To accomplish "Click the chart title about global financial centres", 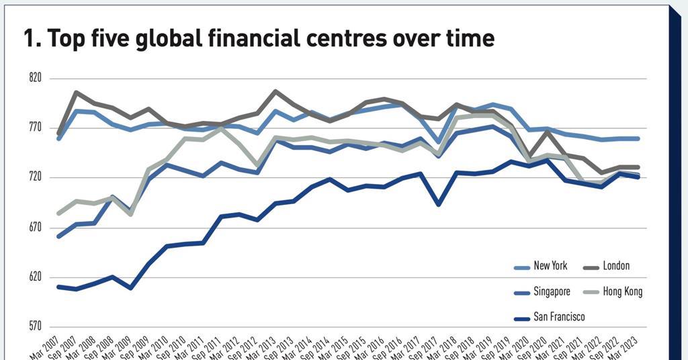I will click(x=259, y=38).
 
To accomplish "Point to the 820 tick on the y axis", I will click(x=35, y=78).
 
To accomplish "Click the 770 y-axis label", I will click(x=35, y=128).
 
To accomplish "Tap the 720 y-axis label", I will click(x=35, y=177).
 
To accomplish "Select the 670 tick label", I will click(x=35, y=228).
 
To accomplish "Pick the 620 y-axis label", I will click(x=35, y=277).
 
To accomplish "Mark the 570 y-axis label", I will click(x=35, y=327).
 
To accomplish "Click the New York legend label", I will click(x=550, y=266).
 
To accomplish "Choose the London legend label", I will click(x=616, y=266).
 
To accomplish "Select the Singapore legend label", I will click(x=552, y=291).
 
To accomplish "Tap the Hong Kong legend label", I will click(x=623, y=291).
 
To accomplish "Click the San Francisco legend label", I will click(x=559, y=317).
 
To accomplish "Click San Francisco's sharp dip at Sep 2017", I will click(x=438, y=204).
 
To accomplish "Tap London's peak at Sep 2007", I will click(x=76, y=92).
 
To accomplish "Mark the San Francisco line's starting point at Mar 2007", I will click(x=58, y=287).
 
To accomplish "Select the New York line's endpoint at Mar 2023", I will click(x=638, y=138).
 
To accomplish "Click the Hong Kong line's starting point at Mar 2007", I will click(x=58, y=214).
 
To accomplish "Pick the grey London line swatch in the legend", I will click(x=591, y=267).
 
